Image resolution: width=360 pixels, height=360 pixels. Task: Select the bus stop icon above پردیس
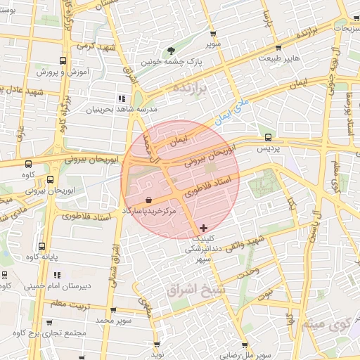pyautogui.click(x=267, y=137)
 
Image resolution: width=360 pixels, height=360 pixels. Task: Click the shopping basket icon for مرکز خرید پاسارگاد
pyautogui.click(x=148, y=200)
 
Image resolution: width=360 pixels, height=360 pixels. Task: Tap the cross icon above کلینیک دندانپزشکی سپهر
pyautogui.click(x=204, y=227)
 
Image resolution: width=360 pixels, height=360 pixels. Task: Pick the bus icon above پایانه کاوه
pyautogui.click(x=41, y=247)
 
